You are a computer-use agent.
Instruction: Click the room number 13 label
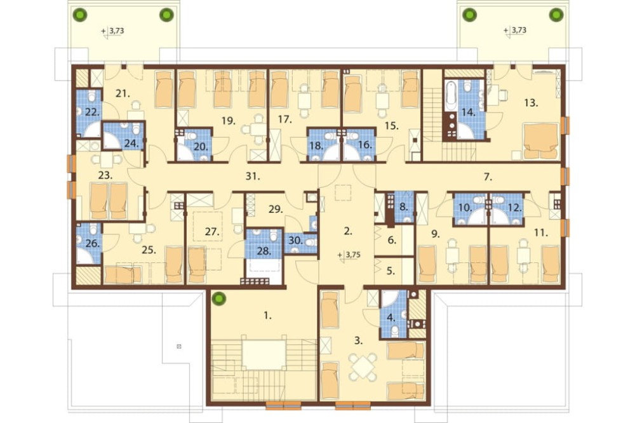tap(531, 103)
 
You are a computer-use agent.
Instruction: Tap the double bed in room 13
tap(541, 140)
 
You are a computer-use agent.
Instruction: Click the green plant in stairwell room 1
tap(219, 299)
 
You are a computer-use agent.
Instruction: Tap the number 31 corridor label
tap(253, 177)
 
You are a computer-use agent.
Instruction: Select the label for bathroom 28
tap(264, 252)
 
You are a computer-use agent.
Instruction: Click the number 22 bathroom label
tap(92, 112)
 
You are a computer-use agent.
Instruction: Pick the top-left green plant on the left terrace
tap(80, 15)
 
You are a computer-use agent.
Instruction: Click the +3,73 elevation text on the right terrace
tap(515, 30)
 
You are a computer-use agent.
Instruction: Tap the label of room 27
tap(212, 232)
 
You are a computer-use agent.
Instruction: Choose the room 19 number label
tap(229, 120)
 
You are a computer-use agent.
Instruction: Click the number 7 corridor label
tap(488, 177)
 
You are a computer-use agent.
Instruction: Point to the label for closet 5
tap(391, 271)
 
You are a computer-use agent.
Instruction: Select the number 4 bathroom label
tap(391, 318)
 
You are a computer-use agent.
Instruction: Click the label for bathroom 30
tap(296, 240)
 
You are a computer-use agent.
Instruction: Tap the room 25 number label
tap(149, 250)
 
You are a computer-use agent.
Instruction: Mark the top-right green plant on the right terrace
tap(556, 15)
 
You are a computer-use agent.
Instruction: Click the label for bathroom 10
tap(465, 208)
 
